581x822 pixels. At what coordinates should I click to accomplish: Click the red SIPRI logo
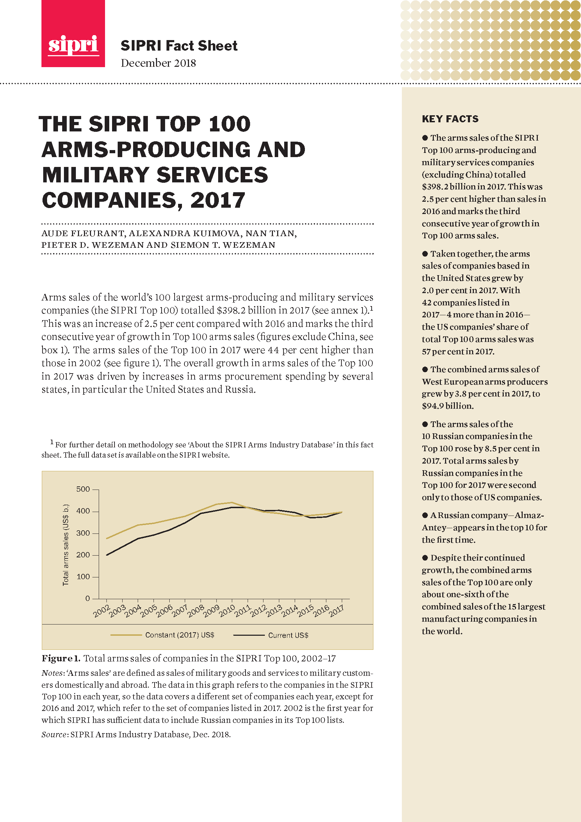[x=73, y=34]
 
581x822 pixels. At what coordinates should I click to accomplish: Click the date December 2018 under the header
[x=158, y=63]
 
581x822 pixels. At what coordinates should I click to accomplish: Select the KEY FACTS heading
[x=450, y=119]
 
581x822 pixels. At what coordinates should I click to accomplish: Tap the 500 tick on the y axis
[x=83, y=489]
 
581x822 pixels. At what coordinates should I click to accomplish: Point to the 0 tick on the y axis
[x=88, y=598]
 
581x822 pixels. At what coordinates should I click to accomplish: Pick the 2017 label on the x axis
[x=337, y=611]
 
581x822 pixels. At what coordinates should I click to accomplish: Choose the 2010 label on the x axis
[x=227, y=611]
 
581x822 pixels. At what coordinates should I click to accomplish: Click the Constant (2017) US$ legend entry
[x=179, y=635]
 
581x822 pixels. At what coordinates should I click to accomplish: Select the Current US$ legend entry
[x=288, y=635]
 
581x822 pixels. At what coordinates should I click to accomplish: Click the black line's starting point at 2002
[x=107, y=555]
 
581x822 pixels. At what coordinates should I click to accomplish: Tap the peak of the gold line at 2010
[x=232, y=502]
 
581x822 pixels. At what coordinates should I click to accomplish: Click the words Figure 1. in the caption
[x=60, y=658]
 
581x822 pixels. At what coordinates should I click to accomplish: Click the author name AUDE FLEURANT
[x=83, y=233]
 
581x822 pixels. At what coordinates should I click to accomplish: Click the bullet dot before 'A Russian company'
[x=425, y=515]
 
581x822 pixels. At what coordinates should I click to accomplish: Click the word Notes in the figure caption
[x=52, y=673]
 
